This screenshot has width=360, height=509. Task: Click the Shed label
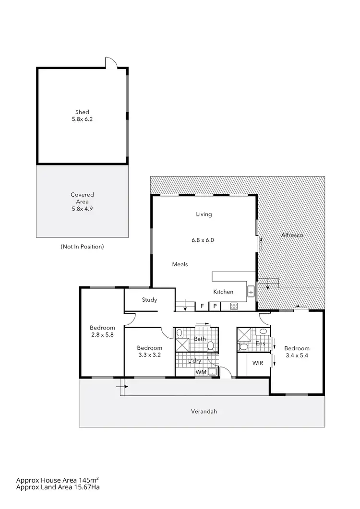point(82,112)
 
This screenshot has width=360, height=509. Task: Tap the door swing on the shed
point(110,63)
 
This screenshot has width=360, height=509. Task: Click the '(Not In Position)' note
point(82,247)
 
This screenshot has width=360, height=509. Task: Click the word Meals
point(180,264)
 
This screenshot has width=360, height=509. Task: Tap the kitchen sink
point(251,291)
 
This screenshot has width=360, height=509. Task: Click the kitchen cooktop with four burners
point(234,306)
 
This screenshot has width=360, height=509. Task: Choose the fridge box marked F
point(202,306)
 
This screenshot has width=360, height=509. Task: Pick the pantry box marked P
point(215,306)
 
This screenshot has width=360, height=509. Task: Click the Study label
point(149,300)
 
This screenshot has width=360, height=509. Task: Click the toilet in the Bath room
point(179,332)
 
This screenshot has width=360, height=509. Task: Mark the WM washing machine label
point(200,372)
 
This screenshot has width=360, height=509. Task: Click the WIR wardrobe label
point(258,363)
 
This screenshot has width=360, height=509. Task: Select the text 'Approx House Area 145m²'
point(58,480)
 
